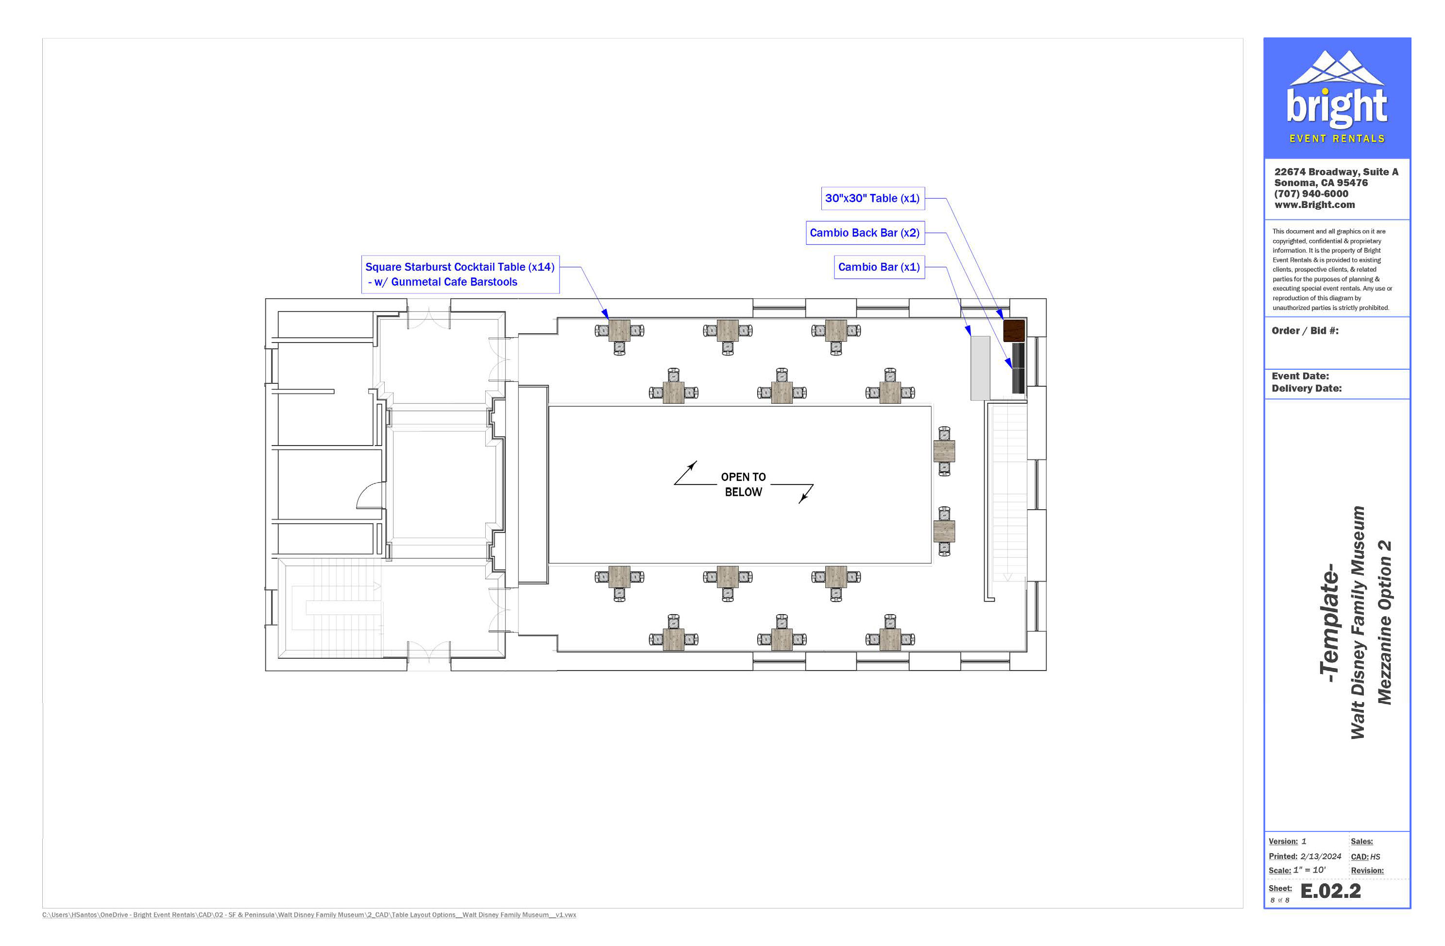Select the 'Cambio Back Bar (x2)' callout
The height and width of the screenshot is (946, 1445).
pyautogui.click(x=865, y=233)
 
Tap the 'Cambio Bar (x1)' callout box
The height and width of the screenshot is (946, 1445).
pyautogui.click(x=879, y=267)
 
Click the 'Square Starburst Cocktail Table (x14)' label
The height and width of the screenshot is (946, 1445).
pyautogui.click(x=459, y=267)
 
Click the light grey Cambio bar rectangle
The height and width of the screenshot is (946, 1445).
pyautogui.click(x=980, y=368)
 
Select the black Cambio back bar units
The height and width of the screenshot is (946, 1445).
pyautogui.click(x=1018, y=368)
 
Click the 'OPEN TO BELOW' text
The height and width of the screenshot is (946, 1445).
pyautogui.click(x=743, y=484)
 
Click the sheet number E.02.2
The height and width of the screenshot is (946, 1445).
pyautogui.click(x=1330, y=891)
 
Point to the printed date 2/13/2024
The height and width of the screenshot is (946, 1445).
pyautogui.click(x=1321, y=856)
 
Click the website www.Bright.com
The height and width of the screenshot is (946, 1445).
pyautogui.click(x=1314, y=205)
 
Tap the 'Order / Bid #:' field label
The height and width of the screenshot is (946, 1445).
pyautogui.click(x=1305, y=331)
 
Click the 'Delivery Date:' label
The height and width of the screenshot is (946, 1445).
pyautogui.click(x=1307, y=389)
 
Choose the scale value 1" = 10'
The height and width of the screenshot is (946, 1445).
pyautogui.click(x=1309, y=870)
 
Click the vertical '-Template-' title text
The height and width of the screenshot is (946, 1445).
pyautogui.click(x=1330, y=622)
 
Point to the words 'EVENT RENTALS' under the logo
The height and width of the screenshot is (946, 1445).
pyautogui.click(x=1337, y=139)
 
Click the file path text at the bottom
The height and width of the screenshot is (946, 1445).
pyautogui.click(x=309, y=915)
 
